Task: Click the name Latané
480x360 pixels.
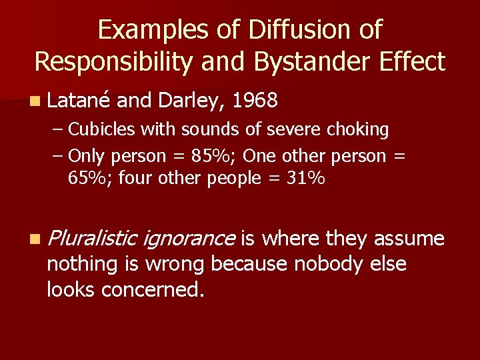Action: click(80, 101)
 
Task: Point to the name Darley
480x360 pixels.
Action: click(193, 101)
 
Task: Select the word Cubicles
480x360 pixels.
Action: click(99, 129)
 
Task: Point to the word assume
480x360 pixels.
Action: click(409, 238)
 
